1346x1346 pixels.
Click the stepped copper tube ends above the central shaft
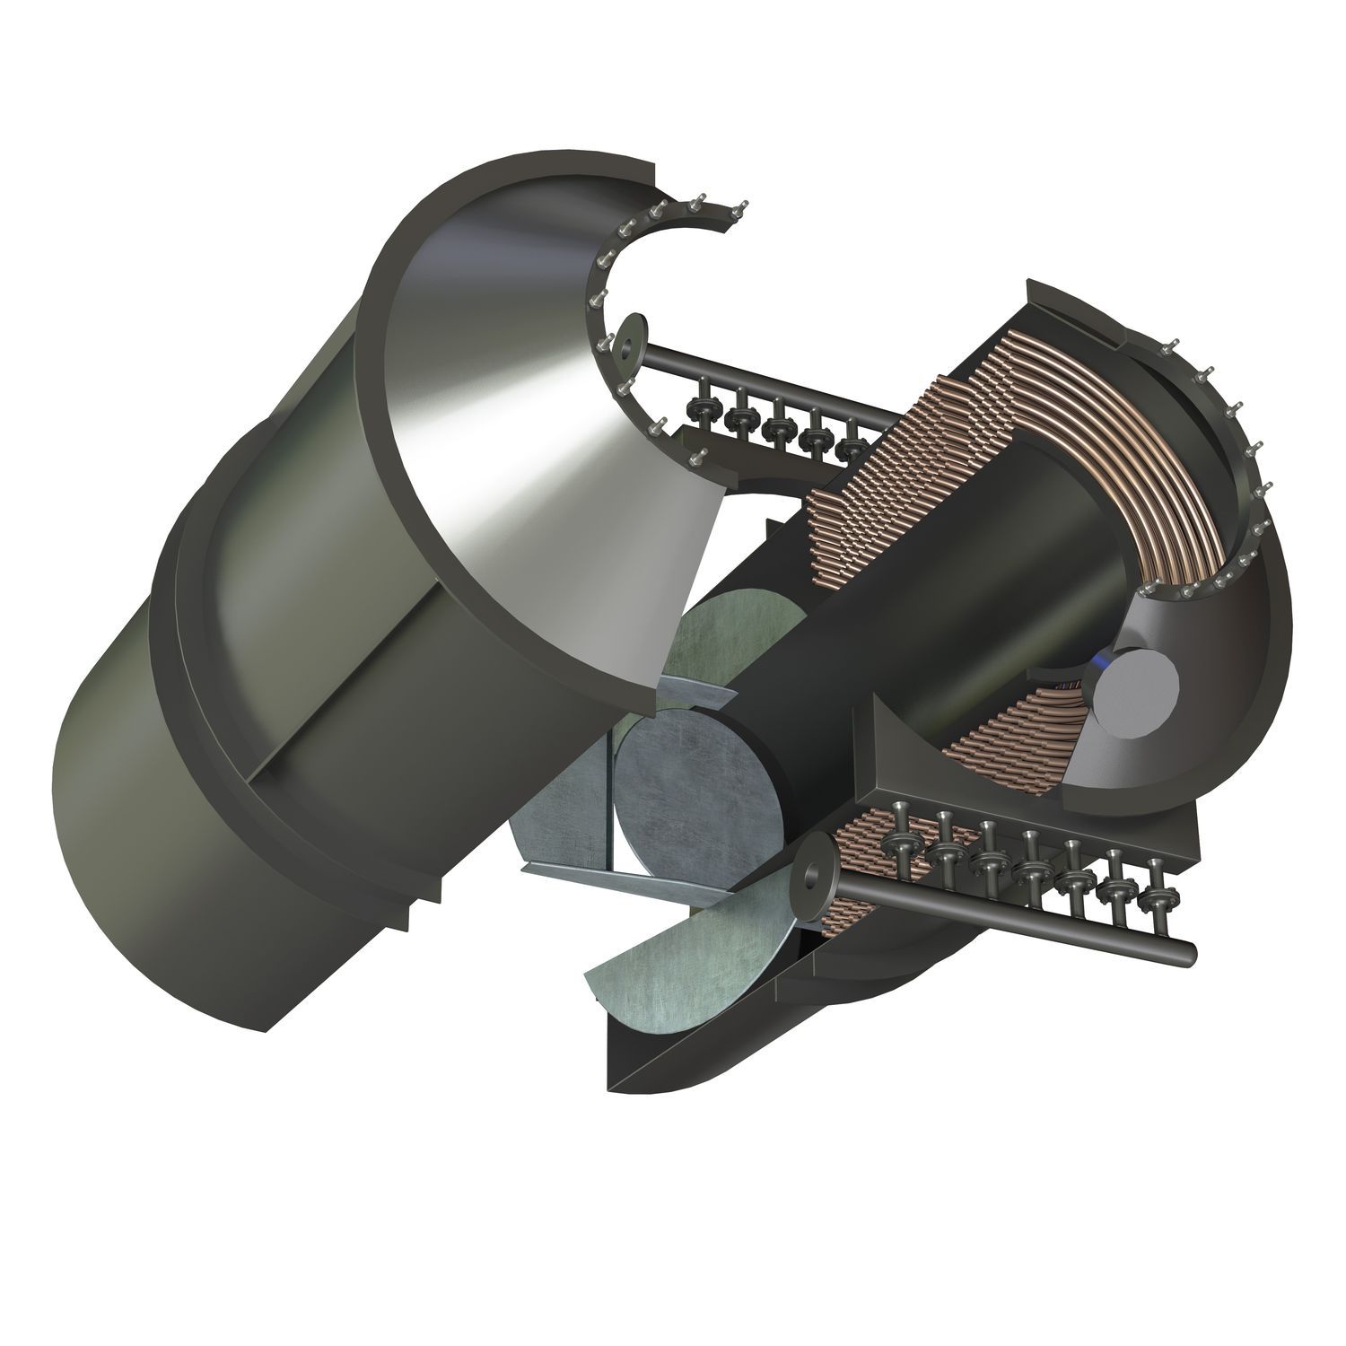pyautogui.click(x=897, y=467)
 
